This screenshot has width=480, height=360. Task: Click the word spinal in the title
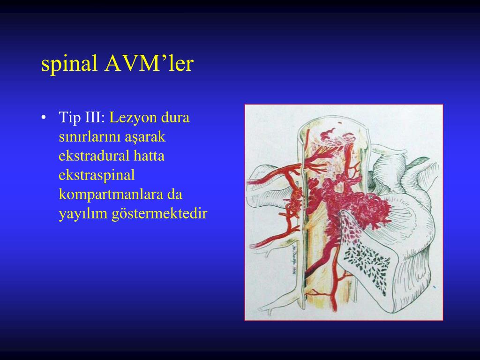(x=70, y=64)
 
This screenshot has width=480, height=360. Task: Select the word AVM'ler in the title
(x=149, y=64)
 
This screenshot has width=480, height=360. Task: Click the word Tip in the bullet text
(x=68, y=117)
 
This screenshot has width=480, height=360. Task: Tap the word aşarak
(x=145, y=137)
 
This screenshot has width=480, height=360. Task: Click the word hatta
(x=149, y=156)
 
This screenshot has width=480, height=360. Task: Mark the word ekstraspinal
(x=97, y=175)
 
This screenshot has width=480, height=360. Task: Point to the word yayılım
(x=83, y=214)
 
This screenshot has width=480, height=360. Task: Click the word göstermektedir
(x=159, y=214)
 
